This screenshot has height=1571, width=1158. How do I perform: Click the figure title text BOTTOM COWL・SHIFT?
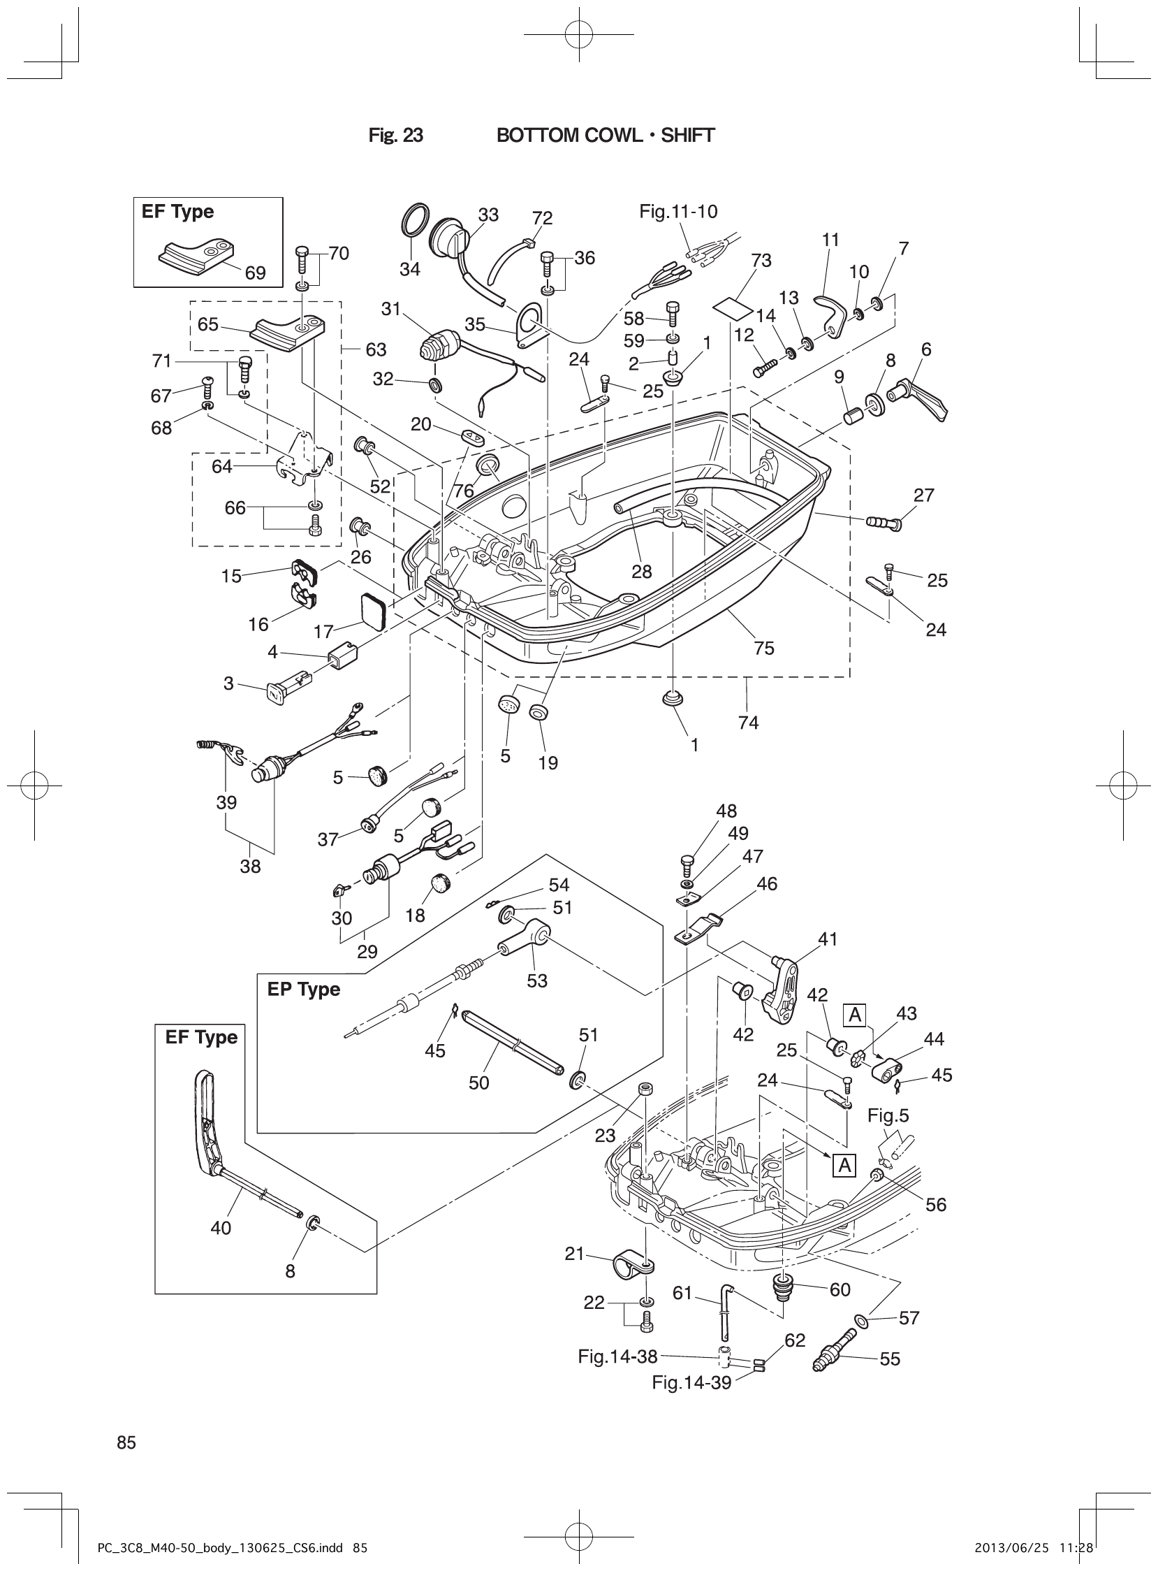(x=606, y=136)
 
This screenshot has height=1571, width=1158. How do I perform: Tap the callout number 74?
(x=748, y=722)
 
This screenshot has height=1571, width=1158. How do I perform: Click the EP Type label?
(x=304, y=990)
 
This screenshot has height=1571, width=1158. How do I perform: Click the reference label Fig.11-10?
(x=678, y=211)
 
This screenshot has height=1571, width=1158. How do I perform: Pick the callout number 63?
(x=376, y=349)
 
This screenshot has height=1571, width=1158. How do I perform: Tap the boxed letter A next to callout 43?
(x=855, y=1014)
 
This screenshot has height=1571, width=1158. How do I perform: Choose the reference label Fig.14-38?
(x=617, y=1356)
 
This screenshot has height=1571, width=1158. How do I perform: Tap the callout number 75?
(x=763, y=648)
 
